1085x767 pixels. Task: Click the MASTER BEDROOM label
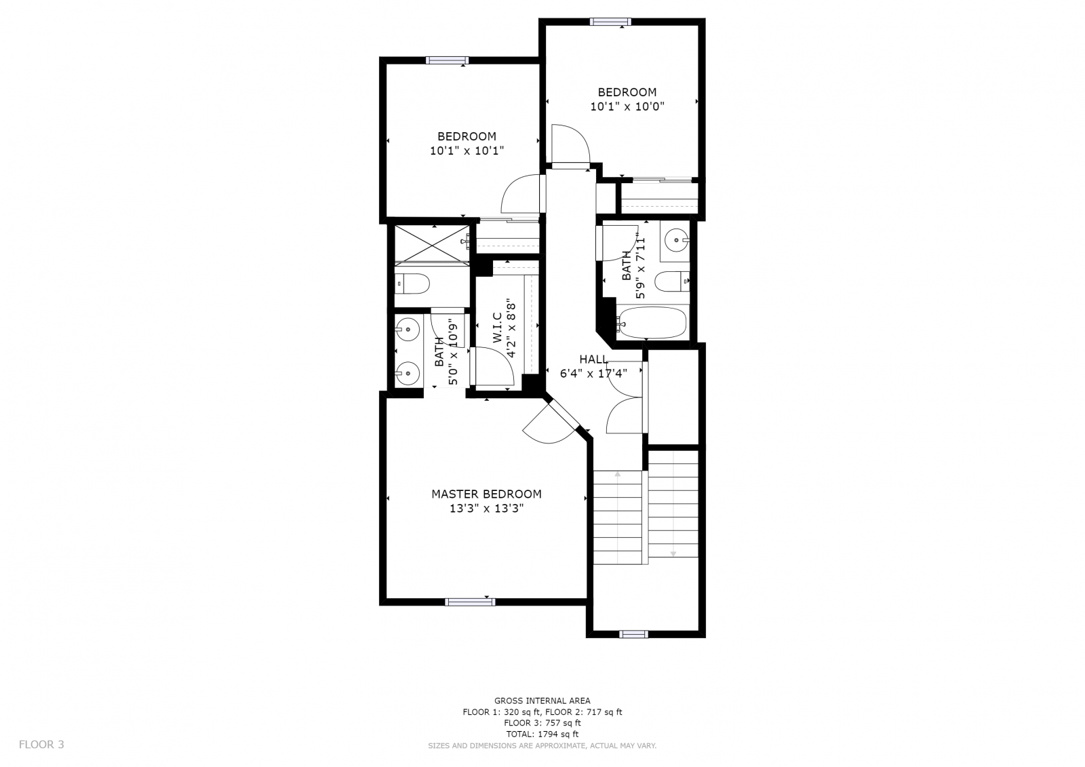(486, 494)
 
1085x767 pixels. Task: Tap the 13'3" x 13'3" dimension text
(486, 508)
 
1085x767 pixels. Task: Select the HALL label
(594, 359)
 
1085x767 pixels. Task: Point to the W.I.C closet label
(498, 328)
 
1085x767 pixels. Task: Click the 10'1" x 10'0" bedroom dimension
(627, 106)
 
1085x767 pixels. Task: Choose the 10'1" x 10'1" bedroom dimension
(467, 151)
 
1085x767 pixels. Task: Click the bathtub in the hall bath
(652, 322)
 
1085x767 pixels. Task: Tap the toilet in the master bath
(412, 283)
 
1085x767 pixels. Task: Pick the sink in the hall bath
(677, 239)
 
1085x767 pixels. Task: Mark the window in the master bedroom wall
(470, 602)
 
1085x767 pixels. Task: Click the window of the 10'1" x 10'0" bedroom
(610, 21)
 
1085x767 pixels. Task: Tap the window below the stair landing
(633, 634)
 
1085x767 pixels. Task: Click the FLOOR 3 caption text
(41, 744)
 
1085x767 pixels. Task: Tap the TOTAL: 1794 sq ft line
(542, 734)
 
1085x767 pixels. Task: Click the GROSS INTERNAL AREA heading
(542, 701)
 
